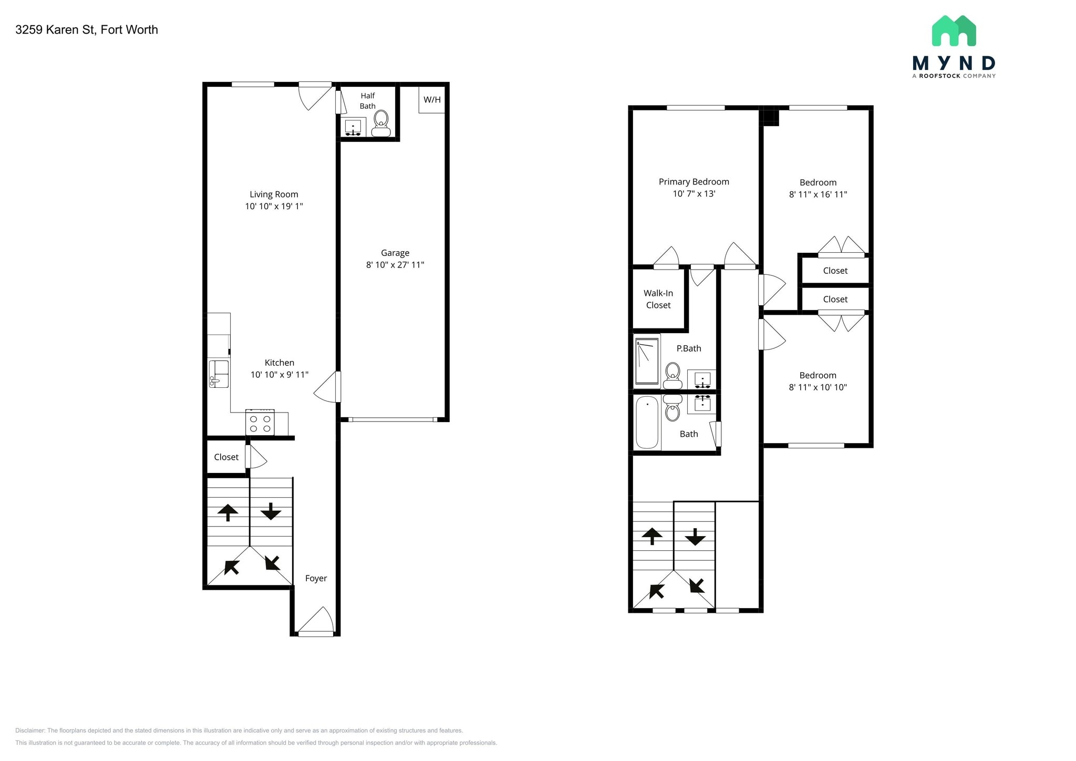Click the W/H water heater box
pyautogui.click(x=432, y=100)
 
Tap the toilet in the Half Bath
pyautogui.click(x=381, y=122)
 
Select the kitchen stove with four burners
pyautogui.click(x=260, y=424)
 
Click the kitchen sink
pyautogui.click(x=219, y=373)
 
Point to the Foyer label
pyautogui.click(x=316, y=578)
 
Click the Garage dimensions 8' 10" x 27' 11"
pyautogui.click(x=395, y=265)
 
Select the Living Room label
pyautogui.click(x=274, y=194)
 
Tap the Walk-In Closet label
pyautogui.click(x=658, y=299)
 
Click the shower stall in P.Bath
pyautogui.click(x=647, y=361)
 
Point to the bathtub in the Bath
pyautogui.click(x=647, y=423)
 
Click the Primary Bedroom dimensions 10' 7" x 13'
pyautogui.click(x=694, y=194)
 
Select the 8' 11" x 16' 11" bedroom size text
pyautogui.click(x=818, y=194)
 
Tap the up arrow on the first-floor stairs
pyautogui.click(x=227, y=512)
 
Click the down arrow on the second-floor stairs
pyautogui.click(x=695, y=537)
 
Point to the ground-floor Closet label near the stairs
pyautogui.click(x=226, y=457)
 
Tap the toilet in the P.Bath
pyautogui.click(x=672, y=375)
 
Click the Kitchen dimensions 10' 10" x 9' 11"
pyautogui.click(x=279, y=375)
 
